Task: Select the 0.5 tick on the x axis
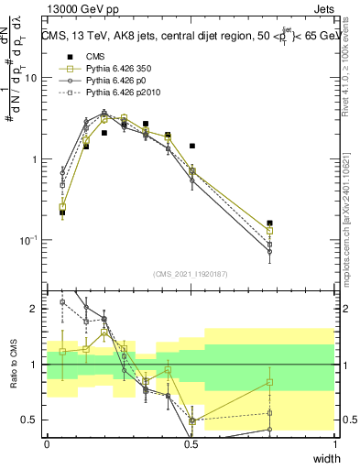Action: (x=191, y=443)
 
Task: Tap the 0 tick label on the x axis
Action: (x=47, y=443)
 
